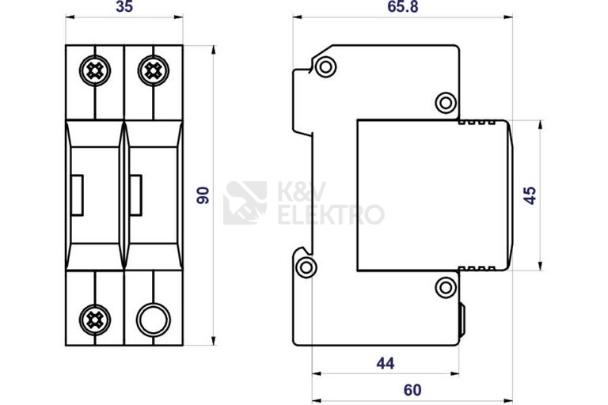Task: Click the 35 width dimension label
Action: pyautogui.click(x=124, y=6)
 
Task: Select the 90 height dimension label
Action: pyautogui.click(x=203, y=195)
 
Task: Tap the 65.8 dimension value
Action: pyautogui.click(x=403, y=6)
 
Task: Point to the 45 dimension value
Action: pyautogui.click(x=530, y=195)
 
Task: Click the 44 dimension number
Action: pyautogui.click(x=386, y=363)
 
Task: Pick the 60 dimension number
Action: pyautogui.click(x=412, y=390)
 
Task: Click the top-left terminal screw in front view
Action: pyautogui.click(x=95, y=70)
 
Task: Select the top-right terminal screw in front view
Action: pyautogui.click(x=153, y=70)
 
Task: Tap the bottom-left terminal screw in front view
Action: pyautogui.click(x=95, y=320)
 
